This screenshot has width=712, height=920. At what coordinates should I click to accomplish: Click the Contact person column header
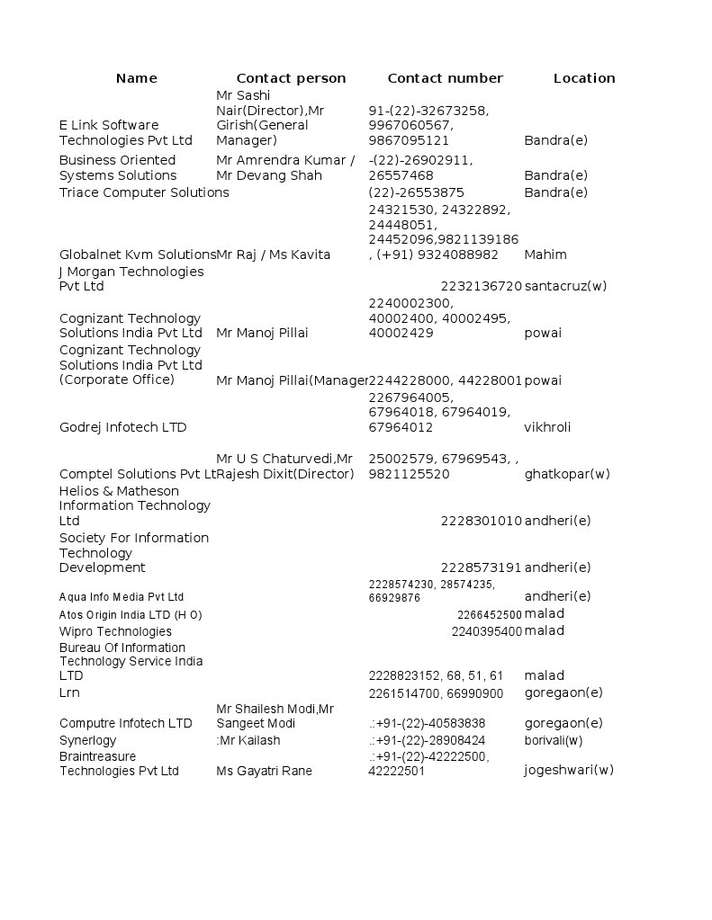[291, 78]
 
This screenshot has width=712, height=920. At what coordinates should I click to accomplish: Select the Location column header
[584, 78]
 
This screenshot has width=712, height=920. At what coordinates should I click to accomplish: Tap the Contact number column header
[445, 78]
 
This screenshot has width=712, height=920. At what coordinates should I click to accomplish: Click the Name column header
[137, 78]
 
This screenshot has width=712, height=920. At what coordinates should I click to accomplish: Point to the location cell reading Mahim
[545, 255]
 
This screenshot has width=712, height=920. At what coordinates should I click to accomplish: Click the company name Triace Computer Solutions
[144, 192]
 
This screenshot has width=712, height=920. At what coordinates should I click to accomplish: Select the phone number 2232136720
[481, 286]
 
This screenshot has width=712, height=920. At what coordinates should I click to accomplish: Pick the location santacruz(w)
[565, 286]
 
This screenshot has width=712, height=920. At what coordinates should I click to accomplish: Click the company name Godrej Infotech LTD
[122, 427]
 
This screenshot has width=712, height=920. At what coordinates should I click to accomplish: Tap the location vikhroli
[547, 427]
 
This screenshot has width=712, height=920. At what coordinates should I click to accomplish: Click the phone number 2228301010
[481, 521]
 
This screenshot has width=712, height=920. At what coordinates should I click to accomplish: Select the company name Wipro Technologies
[115, 631]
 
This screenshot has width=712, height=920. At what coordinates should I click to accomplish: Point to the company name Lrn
[69, 692]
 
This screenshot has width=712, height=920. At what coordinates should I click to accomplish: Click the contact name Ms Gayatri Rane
[264, 771]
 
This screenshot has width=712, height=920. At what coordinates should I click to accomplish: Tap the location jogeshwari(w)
[569, 770]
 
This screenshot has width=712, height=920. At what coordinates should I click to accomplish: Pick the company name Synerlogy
[88, 740]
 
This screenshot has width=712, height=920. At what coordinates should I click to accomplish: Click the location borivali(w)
[554, 740]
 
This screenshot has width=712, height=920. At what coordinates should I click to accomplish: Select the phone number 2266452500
[489, 615]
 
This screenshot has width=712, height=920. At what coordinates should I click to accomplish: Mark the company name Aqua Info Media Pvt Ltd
[122, 597]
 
